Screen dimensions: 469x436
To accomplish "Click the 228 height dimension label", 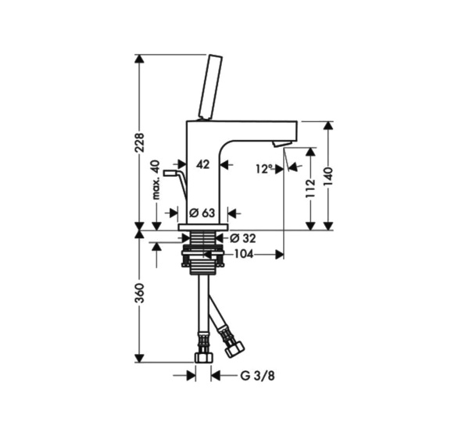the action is point(140,142).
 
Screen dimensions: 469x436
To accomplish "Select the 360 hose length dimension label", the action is point(140,293).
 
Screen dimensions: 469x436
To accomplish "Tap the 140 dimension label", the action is point(328,177).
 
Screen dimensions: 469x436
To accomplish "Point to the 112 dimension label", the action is point(311,188).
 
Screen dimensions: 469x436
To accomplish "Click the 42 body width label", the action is point(202,164).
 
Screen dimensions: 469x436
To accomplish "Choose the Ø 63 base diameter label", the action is point(202,213).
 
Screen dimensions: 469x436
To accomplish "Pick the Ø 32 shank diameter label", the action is point(243,238).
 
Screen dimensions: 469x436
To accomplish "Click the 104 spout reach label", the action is point(243,255).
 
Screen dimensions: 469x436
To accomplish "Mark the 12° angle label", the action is point(265,170).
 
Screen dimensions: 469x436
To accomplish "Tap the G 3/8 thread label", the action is point(257,376).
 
